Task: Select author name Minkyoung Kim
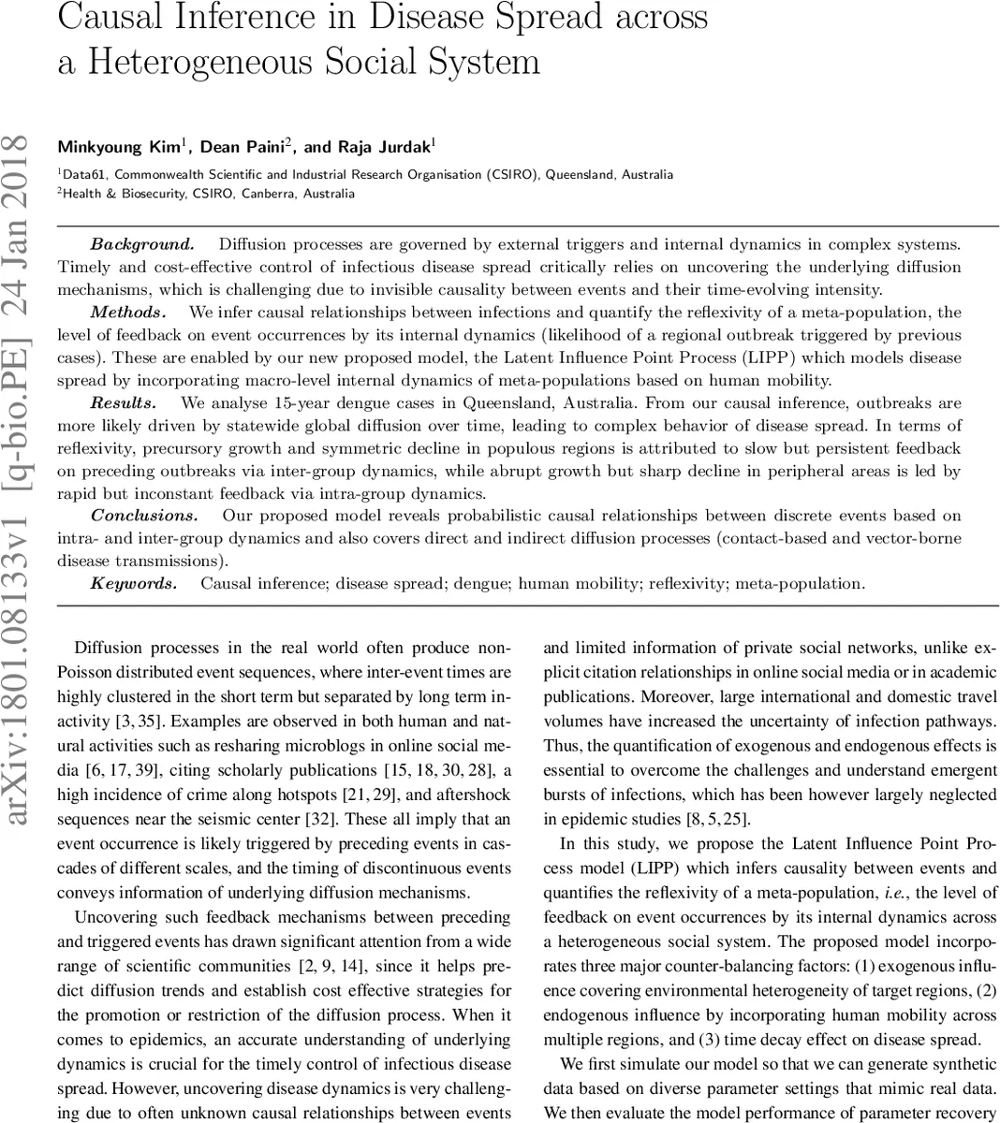click(119, 147)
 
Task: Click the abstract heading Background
click(142, 244)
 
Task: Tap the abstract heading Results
click(123, 402)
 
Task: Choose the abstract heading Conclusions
click(144, 516)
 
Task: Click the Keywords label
click(133, 583)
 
